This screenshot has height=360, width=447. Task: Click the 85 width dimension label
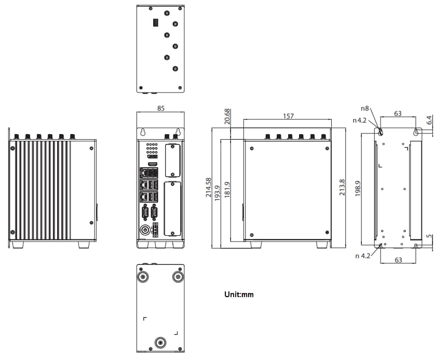160,109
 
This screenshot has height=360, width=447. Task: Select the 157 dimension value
288,116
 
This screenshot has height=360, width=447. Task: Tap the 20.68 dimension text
227,117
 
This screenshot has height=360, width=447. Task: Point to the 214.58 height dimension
208,188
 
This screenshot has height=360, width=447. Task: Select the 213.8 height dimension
341,188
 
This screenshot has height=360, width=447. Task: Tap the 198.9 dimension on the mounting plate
358,190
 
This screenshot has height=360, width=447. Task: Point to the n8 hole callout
365,109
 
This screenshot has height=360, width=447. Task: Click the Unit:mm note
239,295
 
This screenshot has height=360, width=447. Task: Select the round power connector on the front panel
145,229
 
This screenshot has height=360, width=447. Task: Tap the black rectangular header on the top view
155,23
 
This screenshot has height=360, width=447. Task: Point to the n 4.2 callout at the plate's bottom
363,256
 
